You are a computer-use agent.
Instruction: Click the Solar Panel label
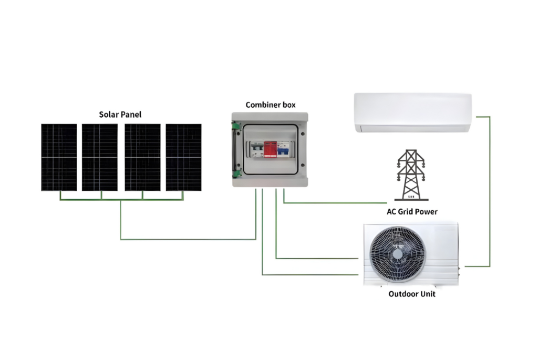click(x=120, y=114)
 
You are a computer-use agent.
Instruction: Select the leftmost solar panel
click(x=59, y=157)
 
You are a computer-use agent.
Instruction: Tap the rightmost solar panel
click(x=183, y=157)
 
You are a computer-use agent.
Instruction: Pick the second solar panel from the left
click(x=99, y=157)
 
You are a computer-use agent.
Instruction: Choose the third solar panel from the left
click(x=142, y=157)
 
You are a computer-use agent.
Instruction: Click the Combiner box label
click(x=271, y=105)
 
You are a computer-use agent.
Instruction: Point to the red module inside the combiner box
click(x=270, y=150)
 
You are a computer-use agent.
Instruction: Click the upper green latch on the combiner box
click(x=237, y=126)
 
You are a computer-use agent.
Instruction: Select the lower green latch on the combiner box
click(x=237, y=173)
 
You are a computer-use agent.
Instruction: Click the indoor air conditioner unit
click(x=412, y=112)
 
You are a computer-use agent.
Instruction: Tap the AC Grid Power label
click(x=412, y=212)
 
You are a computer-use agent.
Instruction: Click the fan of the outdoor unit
click(x=397, y=254)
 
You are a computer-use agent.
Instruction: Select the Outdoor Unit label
click(x=412, y=294)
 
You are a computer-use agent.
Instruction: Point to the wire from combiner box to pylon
click(x=336, y=202)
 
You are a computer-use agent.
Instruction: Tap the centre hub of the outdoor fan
click(x=397, y=254)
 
